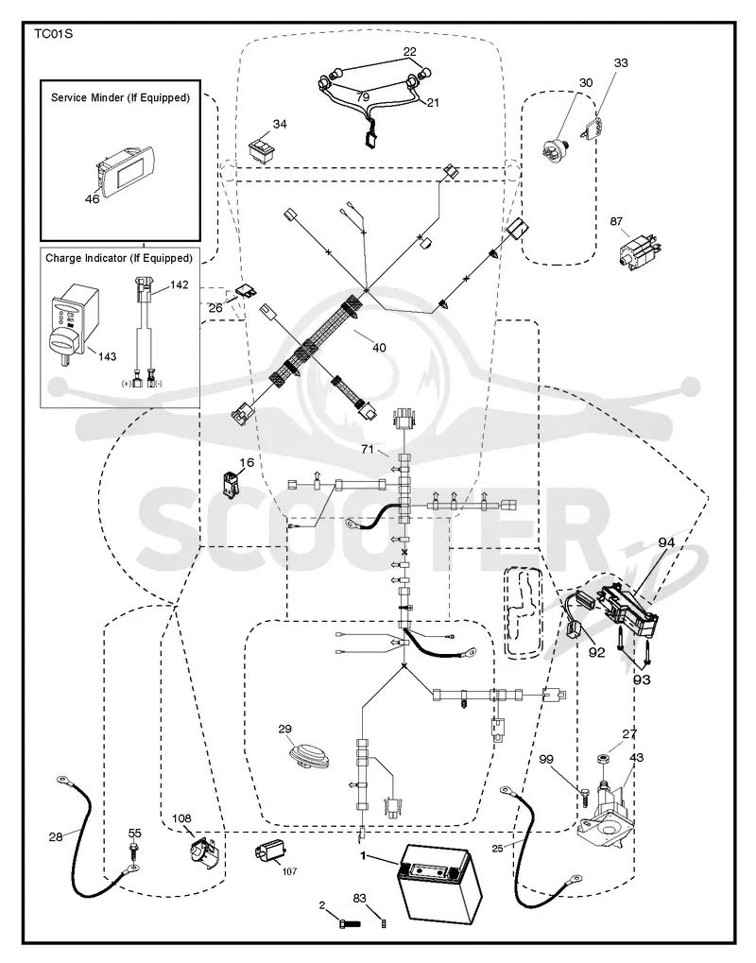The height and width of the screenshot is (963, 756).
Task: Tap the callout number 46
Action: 92,198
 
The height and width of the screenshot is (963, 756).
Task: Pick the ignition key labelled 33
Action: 591,128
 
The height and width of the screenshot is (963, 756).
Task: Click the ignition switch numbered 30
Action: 557,148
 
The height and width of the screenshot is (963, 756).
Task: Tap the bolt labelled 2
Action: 350,922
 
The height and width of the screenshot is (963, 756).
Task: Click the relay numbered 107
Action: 270,853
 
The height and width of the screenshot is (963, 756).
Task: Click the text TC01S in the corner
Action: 54,34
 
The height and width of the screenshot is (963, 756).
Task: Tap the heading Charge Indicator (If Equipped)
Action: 119,259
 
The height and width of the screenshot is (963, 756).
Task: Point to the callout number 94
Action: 666,542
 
